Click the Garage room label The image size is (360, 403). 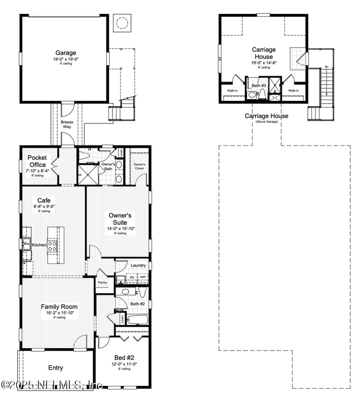point(66,53)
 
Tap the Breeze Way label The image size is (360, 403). point(67,124)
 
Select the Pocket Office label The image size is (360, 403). point(37,161)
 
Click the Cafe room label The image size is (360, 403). point(44,200)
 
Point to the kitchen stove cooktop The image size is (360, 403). point(52,246)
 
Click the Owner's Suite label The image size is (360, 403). point(120,219)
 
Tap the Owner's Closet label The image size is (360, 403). point(139,166)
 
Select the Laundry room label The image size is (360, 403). point(138,265)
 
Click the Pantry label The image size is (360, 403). point(103,282)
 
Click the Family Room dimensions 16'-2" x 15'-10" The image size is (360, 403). point(59,312)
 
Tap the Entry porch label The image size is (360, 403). point(55,368)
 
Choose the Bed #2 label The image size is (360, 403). point(121,358)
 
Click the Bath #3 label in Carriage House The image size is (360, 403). point(259,86)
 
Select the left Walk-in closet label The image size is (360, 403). point(232,91)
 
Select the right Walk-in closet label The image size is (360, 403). point(293,91)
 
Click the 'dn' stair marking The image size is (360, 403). point(326,67)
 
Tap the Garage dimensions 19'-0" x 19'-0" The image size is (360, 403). point(66,59)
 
